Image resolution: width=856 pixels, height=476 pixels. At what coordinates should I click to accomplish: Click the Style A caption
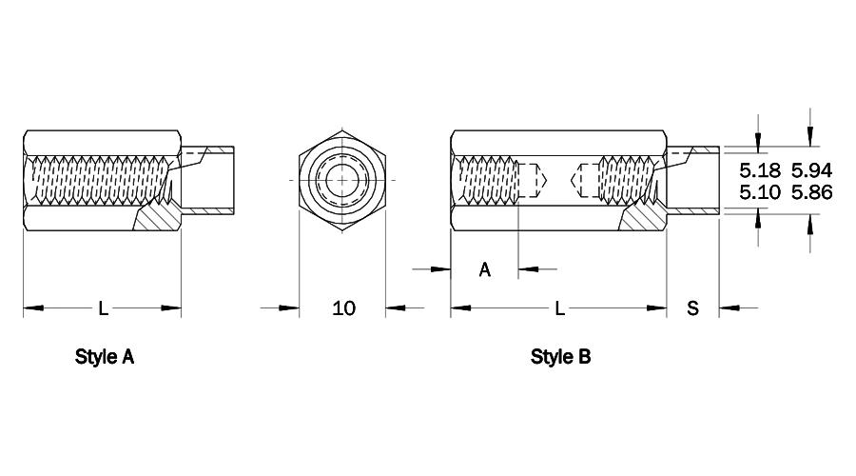coord(105,357)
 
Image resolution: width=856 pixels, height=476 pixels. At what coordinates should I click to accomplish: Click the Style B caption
coord(560,357)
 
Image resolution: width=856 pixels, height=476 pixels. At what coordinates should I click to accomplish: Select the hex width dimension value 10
coord(344,308)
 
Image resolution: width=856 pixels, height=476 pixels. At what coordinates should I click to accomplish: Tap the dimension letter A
coord(485,269)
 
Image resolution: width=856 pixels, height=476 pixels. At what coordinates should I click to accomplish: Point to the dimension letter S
coord(692,308)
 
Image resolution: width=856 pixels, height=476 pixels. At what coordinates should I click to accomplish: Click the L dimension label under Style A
coord(103,308)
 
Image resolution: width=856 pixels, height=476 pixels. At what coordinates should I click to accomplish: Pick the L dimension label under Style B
coord(559,308)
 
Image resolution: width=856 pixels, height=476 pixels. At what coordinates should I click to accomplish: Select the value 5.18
coord(760,170)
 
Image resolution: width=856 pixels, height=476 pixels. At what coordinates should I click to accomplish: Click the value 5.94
coord(812,170)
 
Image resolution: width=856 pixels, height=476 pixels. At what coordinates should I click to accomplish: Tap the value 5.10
coord(760,192)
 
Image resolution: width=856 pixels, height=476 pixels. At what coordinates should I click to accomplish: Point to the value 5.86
coord(812,192)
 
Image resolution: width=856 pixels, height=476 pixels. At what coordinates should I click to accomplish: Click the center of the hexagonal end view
coord(342,180)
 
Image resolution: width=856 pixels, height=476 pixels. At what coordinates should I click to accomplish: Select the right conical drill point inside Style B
coord(575,179)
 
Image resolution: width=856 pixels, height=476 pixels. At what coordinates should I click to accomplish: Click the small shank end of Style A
coord(207,180)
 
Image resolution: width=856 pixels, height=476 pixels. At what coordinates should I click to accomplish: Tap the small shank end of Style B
coord(692,180)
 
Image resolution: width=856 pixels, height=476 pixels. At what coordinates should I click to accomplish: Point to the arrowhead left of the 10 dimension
coord(289,308)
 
